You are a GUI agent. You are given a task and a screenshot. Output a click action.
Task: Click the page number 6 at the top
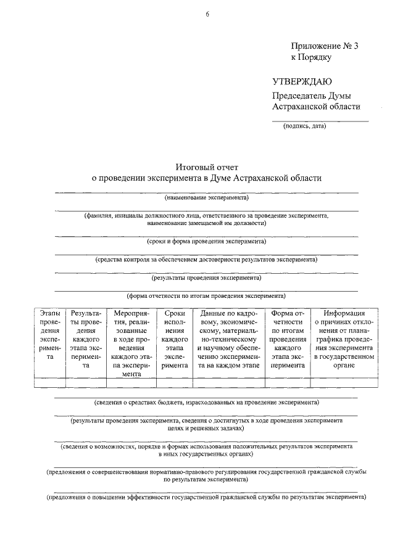tap(207, 15)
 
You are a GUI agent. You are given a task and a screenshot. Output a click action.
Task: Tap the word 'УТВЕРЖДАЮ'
tap(302, 82)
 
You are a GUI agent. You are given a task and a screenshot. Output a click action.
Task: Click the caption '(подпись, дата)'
tap(304, 126)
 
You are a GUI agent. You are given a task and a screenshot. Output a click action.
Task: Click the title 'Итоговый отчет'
tap(207, 166)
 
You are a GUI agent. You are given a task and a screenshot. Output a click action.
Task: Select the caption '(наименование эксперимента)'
tap(207, 198)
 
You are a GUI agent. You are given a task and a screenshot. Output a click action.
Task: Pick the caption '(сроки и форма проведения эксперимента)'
tap(207, 241)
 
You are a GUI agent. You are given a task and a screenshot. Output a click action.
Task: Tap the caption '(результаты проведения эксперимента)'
tap(207, 277)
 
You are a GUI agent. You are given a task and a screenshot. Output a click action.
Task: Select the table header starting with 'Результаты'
tap(86, 339)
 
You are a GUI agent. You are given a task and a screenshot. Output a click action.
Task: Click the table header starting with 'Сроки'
tap(175, 339)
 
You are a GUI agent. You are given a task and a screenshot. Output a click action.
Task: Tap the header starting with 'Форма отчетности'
tap(287, 339)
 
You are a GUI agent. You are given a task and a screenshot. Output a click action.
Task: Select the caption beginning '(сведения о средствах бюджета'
tap(207, 402)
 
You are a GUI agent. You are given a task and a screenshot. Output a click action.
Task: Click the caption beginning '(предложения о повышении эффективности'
tap(207, 496)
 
